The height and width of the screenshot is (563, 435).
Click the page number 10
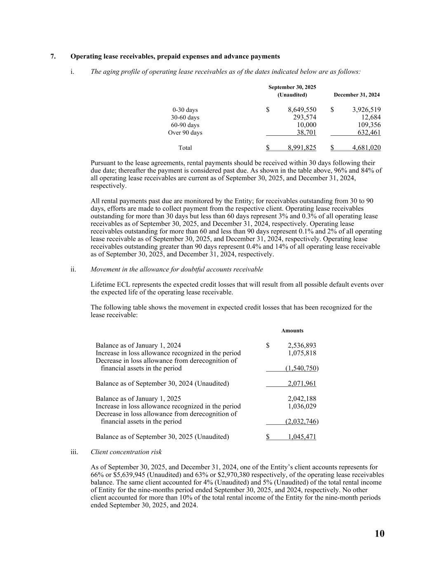(x=379, y=534)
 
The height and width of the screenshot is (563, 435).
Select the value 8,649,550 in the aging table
(x=302, y=110)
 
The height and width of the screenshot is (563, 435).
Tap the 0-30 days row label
(x=185, y=110)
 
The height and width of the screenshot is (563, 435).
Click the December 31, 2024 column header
(x=357, y=95)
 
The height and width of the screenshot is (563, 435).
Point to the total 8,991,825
(x=302, y=148)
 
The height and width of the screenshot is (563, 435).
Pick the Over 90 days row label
(x=185, y=133)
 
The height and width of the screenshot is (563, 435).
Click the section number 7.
(x=53, y=57)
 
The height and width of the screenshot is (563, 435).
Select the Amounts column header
(x=292, y=331)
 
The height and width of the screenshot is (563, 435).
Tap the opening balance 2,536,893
(x=302, y=346)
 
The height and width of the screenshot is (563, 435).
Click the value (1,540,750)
(x=302, y=368)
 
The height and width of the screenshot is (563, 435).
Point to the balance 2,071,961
(x=302, y=384)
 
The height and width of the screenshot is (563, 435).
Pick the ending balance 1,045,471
(x=302, y=437)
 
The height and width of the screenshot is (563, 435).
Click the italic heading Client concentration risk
(x=126, y=452)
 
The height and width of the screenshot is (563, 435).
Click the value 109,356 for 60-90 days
(x=369, y=125)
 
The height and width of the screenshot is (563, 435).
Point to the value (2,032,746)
(x=302, y=422)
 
